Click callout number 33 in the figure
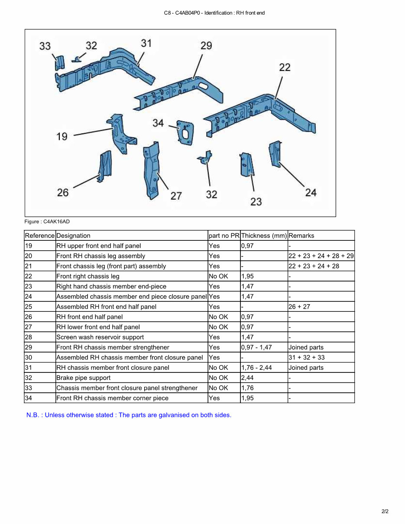pyautogui.click(x=45, y=46)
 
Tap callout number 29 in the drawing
pyautogui.click(x=206, y=45)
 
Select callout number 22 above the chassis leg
pyautogui.click(x=285, y=67)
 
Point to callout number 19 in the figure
pyautogui.click(x=62, y=136)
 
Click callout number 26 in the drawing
pyautogui.click(x=63, y=192)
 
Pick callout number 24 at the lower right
pyautogui.click(x=311, y=193)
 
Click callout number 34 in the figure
pyautogui.click(x=158, y=123)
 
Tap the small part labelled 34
pyautogui.click(x=185, y=132)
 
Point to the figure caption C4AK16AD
pyautogui.click(x=47, y=222)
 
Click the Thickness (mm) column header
pyautogui.click(x=264, y=236)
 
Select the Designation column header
pyautogui.click(x=73, y=236)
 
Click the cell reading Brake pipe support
pyautogui.click(x=83, y=378)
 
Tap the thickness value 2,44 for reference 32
pyautogui.click(x=247, y=378)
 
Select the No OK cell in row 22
pyautogui.click(x=218, y=276)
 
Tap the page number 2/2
pyautogui.click(x=385, y=511)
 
